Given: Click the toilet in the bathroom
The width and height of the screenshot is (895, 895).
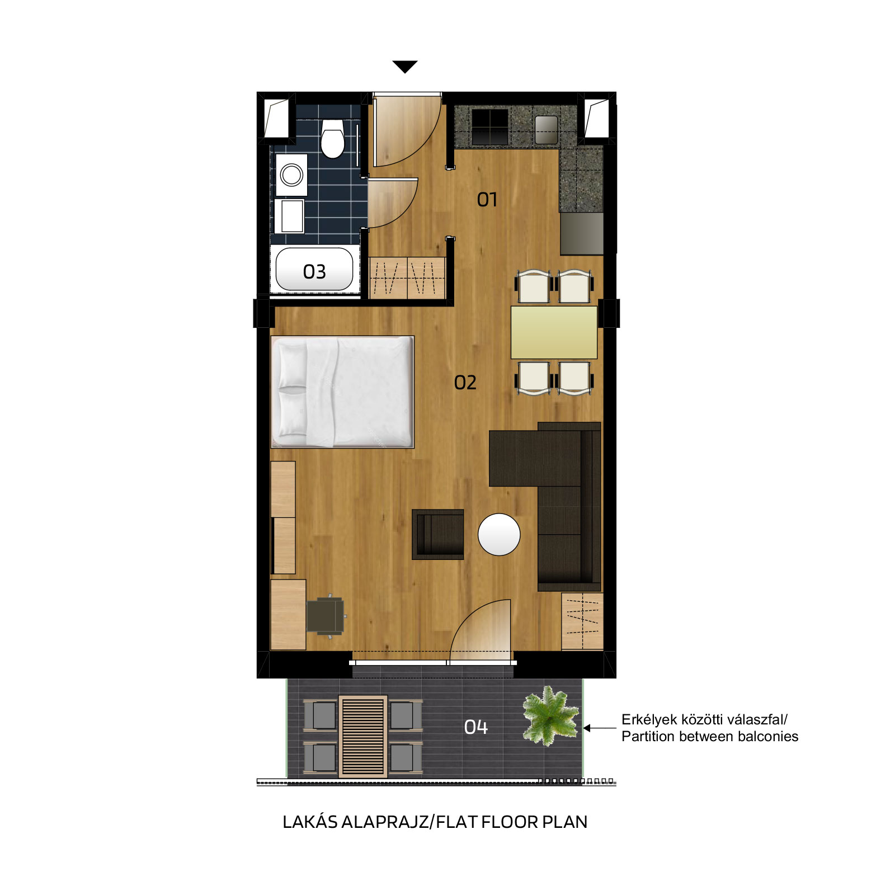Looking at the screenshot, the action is tap(332, 138).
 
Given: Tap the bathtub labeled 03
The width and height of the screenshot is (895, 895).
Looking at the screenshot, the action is tap(314, 270).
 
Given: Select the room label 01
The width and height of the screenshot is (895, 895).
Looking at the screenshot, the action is tap(487, 200).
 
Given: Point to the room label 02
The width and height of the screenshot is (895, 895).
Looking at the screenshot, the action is tap(465, 383).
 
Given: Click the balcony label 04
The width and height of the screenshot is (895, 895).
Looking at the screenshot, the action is tap(476, 727).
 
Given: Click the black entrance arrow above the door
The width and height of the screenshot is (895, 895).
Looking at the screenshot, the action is tap(405, 67).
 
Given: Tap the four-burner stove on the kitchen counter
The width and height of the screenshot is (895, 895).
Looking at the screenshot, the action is tap(490, 127).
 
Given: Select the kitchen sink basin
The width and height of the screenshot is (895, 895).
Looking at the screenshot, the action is tap(546, 130).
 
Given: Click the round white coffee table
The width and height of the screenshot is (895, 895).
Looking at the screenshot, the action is tap(499, 534).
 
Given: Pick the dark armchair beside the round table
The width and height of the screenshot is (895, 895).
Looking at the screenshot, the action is tap(438, 534).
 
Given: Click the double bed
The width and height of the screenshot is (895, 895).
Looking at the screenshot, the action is tap(342, 392).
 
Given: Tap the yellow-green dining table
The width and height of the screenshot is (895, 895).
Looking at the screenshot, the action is tap(554, 332).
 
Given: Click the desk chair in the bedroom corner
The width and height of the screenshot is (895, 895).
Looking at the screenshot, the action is tap(326, 616).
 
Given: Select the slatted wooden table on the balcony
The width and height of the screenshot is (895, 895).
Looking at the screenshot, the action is tap(362, 736).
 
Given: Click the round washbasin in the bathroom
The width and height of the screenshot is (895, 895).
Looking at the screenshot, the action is tap(291, 175).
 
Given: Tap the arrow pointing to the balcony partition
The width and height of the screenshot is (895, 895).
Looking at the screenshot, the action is tap(600, 728).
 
